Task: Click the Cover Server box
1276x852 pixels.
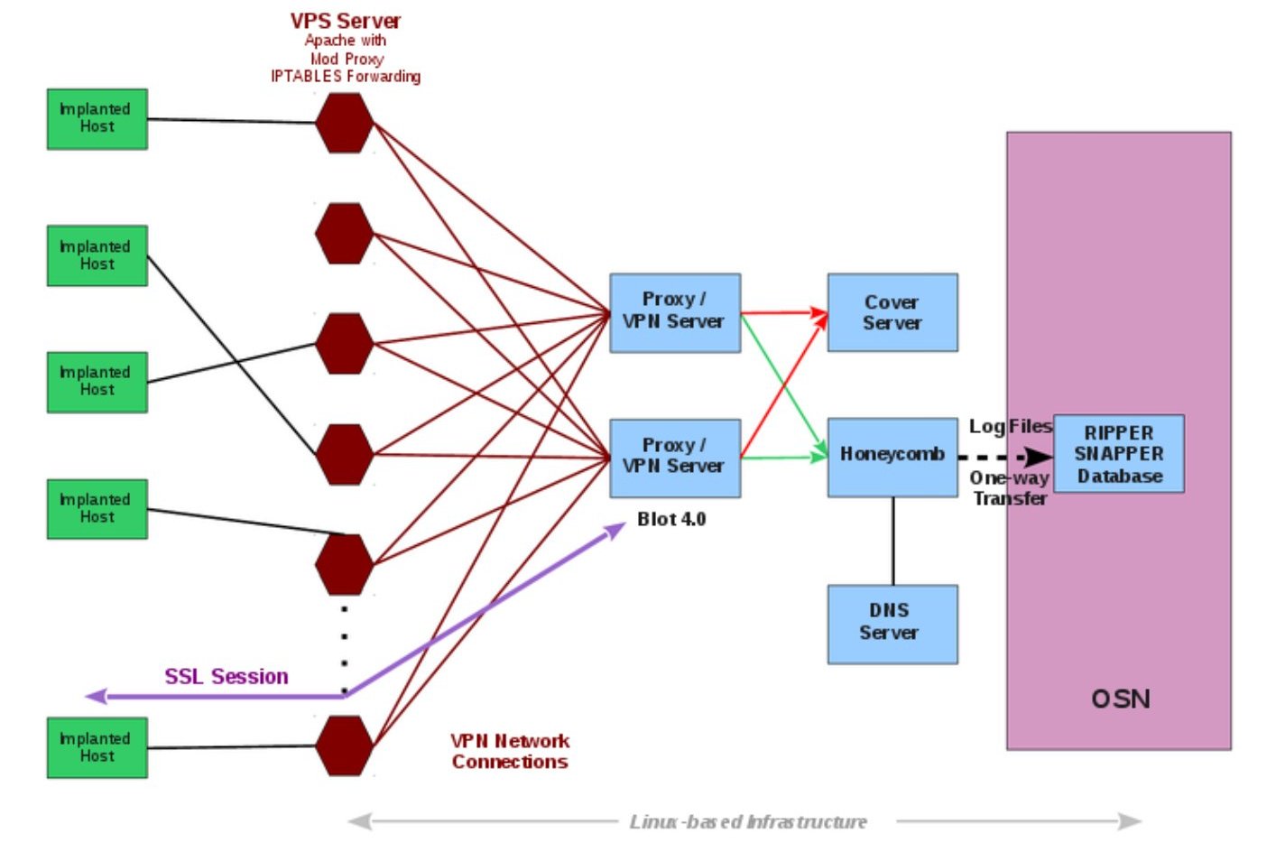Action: point(892,312)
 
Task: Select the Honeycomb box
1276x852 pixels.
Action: point(892,457)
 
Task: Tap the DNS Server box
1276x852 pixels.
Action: point(892,624)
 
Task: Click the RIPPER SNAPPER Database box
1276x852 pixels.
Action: point(1118,454)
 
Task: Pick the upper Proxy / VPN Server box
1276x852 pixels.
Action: point(674,312)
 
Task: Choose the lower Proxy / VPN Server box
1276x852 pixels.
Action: point(674,458)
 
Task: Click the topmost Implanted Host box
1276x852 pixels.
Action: point(97,119)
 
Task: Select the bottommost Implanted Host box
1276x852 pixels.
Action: point(97,747)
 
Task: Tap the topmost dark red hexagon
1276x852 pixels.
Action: point(344,123)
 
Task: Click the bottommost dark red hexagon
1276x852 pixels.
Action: point(344,745)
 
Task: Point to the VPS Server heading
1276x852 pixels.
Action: point(345,21)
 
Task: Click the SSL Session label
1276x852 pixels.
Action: point(226,677)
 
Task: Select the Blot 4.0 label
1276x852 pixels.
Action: point(671,519)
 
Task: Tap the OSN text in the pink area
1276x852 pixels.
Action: point(1120,699)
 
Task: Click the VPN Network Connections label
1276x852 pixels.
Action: point(510,751)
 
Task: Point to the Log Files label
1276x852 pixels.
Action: point(1010,426)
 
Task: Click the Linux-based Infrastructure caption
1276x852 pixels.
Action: point(747,821)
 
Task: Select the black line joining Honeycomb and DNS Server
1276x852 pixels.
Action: point(893,542)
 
